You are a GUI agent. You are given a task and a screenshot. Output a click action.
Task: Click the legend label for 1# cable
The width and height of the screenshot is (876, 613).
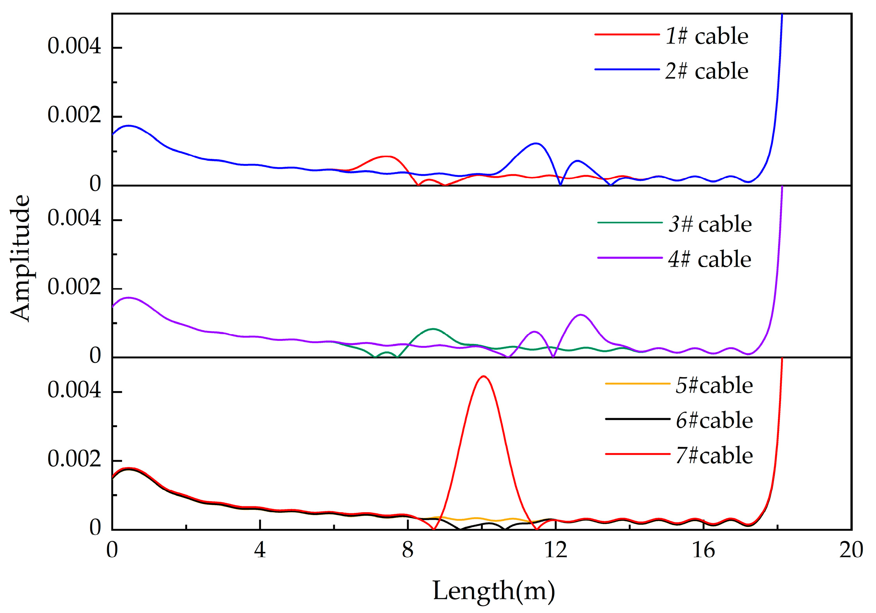707,36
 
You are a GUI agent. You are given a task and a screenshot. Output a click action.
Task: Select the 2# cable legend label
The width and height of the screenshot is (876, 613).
707,71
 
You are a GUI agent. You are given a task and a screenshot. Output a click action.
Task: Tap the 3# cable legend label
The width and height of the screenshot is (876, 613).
710,224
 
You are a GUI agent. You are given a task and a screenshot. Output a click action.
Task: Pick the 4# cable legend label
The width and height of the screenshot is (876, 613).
710,259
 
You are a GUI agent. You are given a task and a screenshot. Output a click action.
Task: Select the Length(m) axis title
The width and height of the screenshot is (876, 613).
494,591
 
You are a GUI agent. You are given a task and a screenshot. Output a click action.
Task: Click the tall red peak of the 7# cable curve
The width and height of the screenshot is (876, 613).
484,377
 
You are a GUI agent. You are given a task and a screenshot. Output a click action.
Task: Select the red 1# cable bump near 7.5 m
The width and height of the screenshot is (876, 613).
387,156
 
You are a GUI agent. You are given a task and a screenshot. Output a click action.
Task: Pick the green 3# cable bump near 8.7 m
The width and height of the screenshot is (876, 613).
433,329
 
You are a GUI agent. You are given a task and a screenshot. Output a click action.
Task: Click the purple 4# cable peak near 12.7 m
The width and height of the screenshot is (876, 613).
580,315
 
